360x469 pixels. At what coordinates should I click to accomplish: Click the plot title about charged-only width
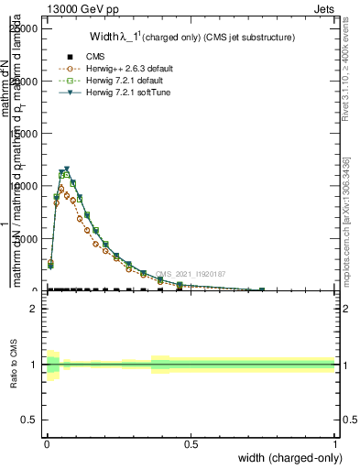(191, 38)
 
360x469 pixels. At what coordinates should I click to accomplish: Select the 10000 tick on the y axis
(26, 186)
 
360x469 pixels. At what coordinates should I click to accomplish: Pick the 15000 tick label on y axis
(26, 134)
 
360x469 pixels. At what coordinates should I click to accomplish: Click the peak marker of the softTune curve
(67, 169)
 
